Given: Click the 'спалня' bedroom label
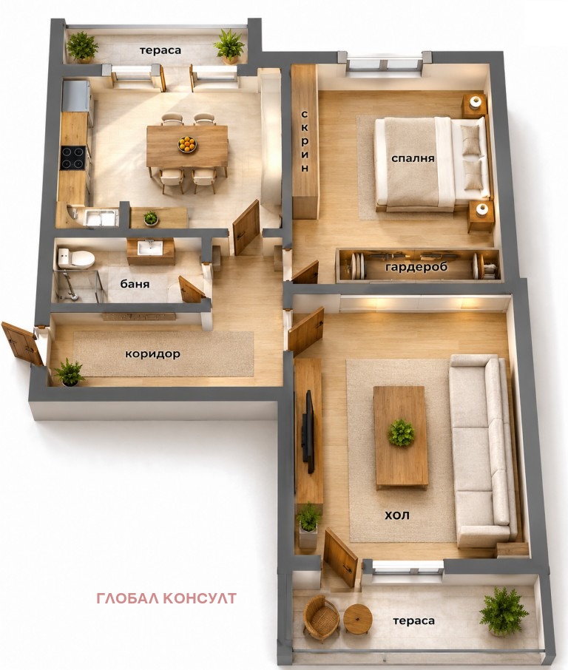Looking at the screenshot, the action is pyautogui.click(x=413, y=158).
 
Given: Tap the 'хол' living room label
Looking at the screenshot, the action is pyautogui.click(x=397, y=515).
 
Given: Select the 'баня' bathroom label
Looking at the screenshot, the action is pyautogui.click(x=135, y=284).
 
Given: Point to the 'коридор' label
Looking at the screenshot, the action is pyautogui.click(x=152, y=354).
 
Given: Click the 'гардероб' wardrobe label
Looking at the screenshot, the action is pyautogui.click(x=416, y=267).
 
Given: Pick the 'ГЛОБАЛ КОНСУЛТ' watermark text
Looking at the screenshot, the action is pyautogui.click(x=166, y=598).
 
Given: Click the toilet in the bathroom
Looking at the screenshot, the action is pyautogui.click(x=75, y=258).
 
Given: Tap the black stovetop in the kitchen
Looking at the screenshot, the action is pyautogui.click(x=73, y=158).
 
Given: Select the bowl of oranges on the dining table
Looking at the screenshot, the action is pyautogui.click(x=187, y=144).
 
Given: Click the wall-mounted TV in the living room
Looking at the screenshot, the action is pyautogui.click(x=308, y=431).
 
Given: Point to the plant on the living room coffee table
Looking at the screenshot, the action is pyautogui.click(x=400, y=433).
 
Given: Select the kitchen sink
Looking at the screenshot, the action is pyautogui.click(x=101, y=218).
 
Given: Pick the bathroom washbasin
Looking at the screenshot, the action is pyautogui.click(x=150, y=248).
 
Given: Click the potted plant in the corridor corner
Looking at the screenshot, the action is pyautogui.click(x=68, y=373).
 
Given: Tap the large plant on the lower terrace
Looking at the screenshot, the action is pyautogui.click(x=503, y=612).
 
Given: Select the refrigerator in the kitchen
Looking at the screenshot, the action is pyautogui.click(x=76, y=96).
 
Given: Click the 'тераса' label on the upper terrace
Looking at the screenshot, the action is pyautogui.click(x=160, y=50).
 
